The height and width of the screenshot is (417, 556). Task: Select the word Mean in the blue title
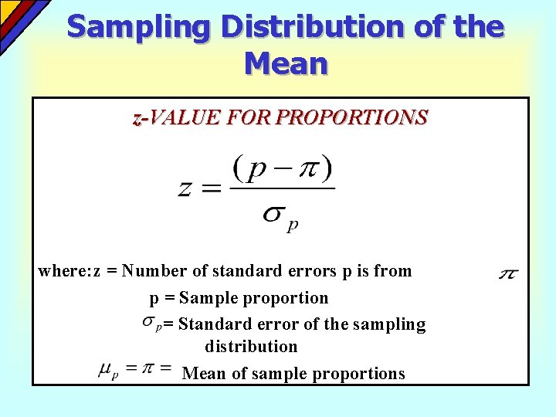[286, 63]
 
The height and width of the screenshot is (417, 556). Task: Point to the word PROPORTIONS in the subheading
[351, 118]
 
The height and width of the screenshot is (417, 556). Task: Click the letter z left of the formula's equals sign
[186, 188]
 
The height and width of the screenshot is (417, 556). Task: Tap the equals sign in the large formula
[212, 188]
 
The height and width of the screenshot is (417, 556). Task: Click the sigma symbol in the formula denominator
[272, 215]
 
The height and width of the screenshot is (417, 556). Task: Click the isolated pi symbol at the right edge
[508, 273]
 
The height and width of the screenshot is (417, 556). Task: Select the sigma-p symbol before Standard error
[152, 323]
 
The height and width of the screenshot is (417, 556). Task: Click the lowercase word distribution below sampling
[251, 347]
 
